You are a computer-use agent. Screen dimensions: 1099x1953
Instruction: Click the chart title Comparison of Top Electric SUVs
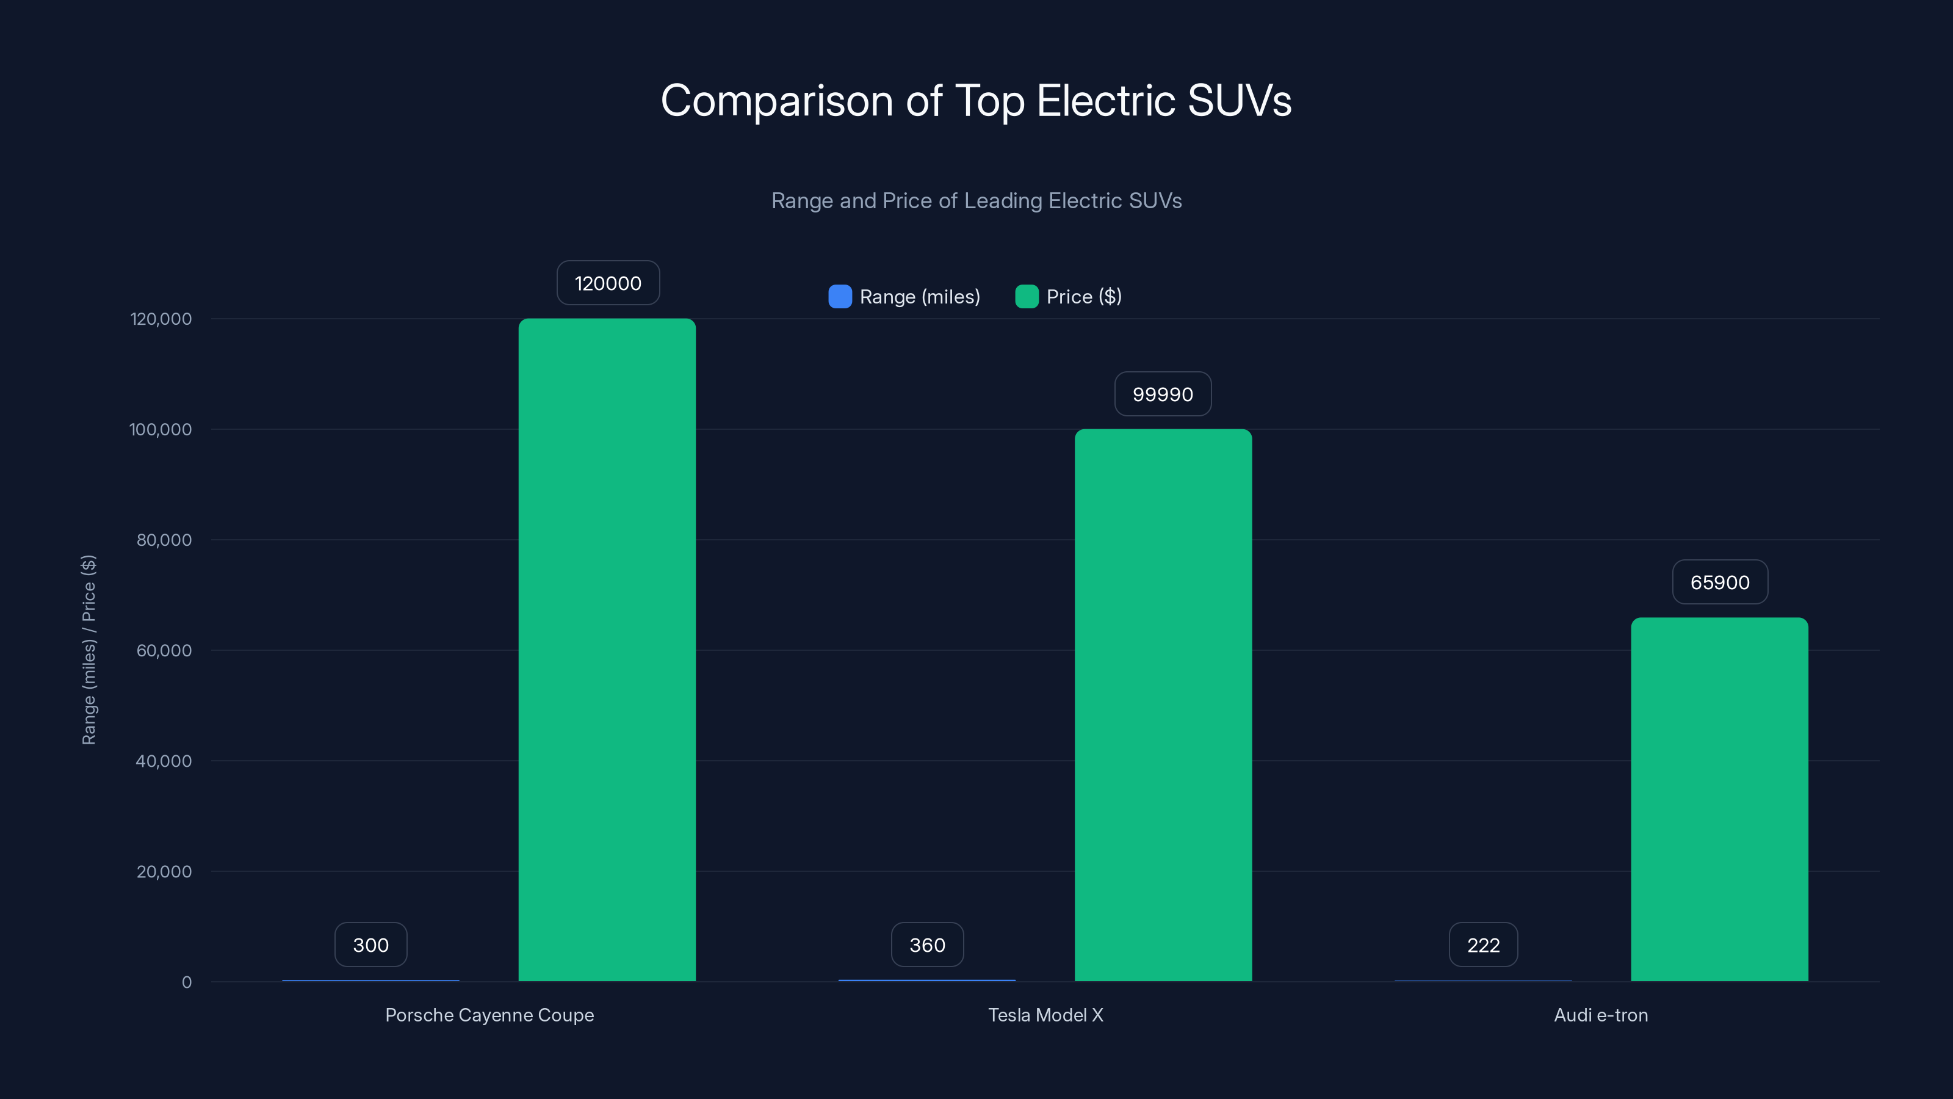pyautogui.click(x=976, y=100)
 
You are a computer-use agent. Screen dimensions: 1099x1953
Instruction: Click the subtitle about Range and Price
pyautogui.click(x=976, y=200)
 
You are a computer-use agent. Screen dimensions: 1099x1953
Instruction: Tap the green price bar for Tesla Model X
pyautogui.click(x=1163, y=705)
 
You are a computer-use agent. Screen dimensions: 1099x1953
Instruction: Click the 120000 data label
pyautogui.click(x=607, y=284)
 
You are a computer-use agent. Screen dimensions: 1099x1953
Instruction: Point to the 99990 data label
pyautogui.click(x=1162, y=394)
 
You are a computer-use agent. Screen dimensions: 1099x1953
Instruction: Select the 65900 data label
pyautogui.click(x=1719, y=582)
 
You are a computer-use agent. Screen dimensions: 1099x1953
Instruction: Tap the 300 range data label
pyautogui.click(x=370, y=945)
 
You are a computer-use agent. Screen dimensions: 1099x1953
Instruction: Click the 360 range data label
pyautogui.click(x=926, y=945)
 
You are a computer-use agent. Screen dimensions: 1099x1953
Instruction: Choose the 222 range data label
pyautogui.click(x=1483, y=945)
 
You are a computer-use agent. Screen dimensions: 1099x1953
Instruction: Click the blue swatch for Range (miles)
pyautogui.click(x=840, y=297)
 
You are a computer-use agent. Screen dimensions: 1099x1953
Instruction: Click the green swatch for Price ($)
pyautogui.click(x=1027, y=297)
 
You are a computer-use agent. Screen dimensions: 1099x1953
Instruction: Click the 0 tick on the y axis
pyautogui.click(x=187, y=982)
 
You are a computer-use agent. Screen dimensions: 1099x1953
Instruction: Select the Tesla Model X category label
pyautogui.click(x=1045, y=1015)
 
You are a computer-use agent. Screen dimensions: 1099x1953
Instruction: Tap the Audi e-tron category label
pyautogui.click(x=1600, y=1015)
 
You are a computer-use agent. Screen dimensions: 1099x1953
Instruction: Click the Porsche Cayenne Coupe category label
pyautogui.click(x=489, y=1015)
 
